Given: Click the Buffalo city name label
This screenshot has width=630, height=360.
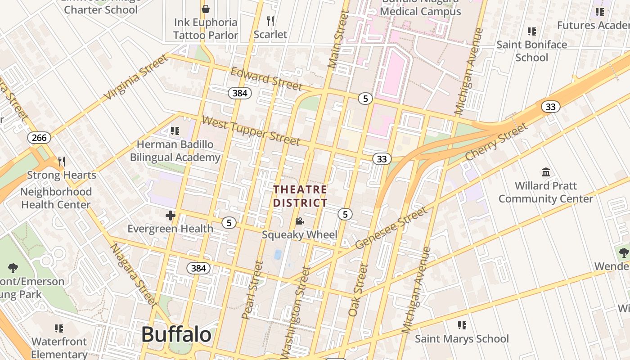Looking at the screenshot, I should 176,334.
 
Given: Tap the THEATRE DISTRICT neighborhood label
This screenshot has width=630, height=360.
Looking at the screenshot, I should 300,196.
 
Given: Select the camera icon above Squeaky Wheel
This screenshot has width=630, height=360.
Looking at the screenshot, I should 299,221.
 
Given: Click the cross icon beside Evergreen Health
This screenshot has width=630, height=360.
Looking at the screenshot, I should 171,216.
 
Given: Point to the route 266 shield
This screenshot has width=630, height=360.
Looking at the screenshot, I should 39,138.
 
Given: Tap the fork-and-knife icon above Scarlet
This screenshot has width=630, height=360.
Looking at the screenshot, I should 270,21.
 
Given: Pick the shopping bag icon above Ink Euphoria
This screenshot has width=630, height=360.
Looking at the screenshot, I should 206,9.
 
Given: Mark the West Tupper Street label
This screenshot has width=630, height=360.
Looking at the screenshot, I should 251,130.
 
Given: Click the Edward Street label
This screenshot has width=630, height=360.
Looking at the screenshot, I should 266,79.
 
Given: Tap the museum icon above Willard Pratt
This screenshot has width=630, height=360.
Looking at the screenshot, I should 546,172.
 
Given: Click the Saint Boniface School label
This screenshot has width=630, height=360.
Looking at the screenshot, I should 531,51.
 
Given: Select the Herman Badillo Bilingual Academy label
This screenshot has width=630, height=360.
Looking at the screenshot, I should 175,151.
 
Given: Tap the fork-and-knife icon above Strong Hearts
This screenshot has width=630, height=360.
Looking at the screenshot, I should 62,162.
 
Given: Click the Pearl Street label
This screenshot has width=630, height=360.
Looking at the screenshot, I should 252,290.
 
